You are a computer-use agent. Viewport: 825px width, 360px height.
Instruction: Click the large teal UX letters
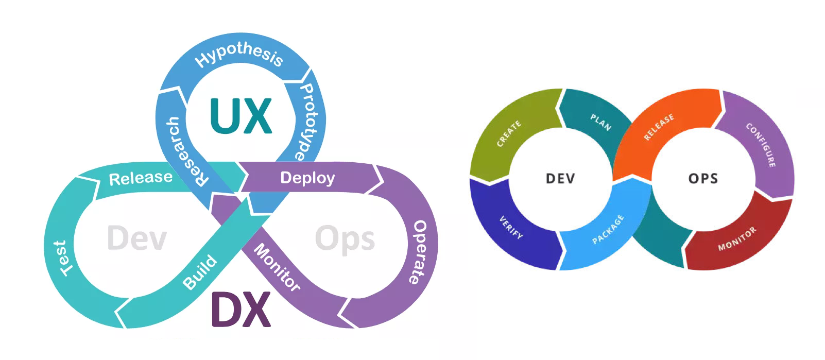[240, 116]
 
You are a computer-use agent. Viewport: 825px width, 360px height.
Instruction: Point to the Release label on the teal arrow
[141, 178]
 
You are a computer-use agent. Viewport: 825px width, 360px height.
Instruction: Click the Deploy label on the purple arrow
[307, 178]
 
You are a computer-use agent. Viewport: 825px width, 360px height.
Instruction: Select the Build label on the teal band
[200, 272]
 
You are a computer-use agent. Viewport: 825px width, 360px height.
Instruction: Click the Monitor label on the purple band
[277, 267]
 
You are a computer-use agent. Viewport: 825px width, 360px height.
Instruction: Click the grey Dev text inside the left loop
[137, 238]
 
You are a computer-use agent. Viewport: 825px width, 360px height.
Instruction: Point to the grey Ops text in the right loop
[345, 238]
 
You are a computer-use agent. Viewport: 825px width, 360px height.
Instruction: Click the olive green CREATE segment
[509, 134]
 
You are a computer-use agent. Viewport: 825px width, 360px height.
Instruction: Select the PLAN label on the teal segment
[600, 123]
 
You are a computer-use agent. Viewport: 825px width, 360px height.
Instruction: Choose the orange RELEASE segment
[659, 127]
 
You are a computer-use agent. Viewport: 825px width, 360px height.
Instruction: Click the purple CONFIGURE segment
[761, 145]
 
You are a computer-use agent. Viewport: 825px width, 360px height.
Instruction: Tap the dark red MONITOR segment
[737, 238]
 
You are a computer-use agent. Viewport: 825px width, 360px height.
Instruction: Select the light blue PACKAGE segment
[608, 229]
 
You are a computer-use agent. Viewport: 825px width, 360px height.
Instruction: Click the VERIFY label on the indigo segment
[511, 227]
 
